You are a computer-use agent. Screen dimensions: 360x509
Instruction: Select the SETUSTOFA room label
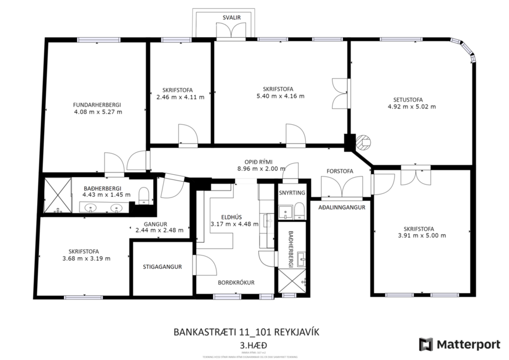pos(411,99)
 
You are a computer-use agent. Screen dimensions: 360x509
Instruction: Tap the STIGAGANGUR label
pos(163,267)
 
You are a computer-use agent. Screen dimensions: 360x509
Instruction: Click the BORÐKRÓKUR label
pos(236,283)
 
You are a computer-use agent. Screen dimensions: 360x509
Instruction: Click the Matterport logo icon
pos(426,344)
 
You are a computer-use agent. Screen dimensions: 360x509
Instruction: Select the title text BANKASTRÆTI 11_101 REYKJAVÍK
pos(247,332)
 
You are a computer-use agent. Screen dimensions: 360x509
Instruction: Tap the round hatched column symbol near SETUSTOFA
pos(363,141)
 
